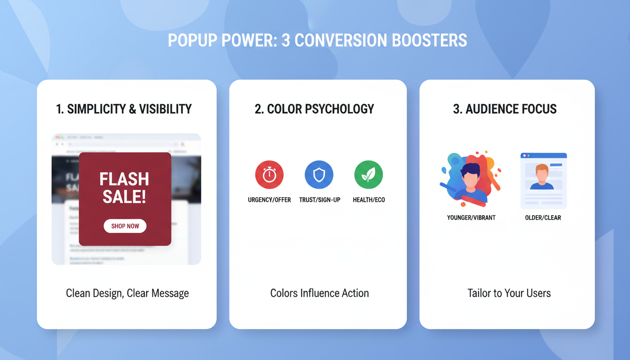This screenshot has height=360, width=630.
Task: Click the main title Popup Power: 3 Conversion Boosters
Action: coord(317,41)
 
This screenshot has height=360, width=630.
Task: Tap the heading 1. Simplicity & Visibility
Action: coord(124,109)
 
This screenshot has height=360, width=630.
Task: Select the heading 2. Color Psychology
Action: coord(314,109)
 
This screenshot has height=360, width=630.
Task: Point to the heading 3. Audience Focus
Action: coord(504,109)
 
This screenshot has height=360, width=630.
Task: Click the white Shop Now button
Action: coord(125,226)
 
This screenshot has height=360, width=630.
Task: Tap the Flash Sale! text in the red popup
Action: coord(124,187)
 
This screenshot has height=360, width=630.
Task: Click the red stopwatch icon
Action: coord(269,175)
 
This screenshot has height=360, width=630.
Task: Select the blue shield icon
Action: coord(319,175)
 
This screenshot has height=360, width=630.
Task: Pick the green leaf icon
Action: coord(368,175)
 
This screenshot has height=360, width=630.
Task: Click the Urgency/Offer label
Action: coord(269,200)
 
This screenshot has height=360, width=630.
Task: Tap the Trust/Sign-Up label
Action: coord(320,200)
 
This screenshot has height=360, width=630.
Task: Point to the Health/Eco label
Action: coord(369,200)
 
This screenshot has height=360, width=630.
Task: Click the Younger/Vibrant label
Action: coord(471,217)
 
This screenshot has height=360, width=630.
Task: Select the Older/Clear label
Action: coord(543,217)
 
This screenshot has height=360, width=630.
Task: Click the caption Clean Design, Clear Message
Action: coord(127,293)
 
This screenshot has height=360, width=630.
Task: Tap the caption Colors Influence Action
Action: coord(319,293)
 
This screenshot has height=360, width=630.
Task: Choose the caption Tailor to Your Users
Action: coord(509,293)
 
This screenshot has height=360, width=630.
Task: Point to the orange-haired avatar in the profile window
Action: coord(542,176)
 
